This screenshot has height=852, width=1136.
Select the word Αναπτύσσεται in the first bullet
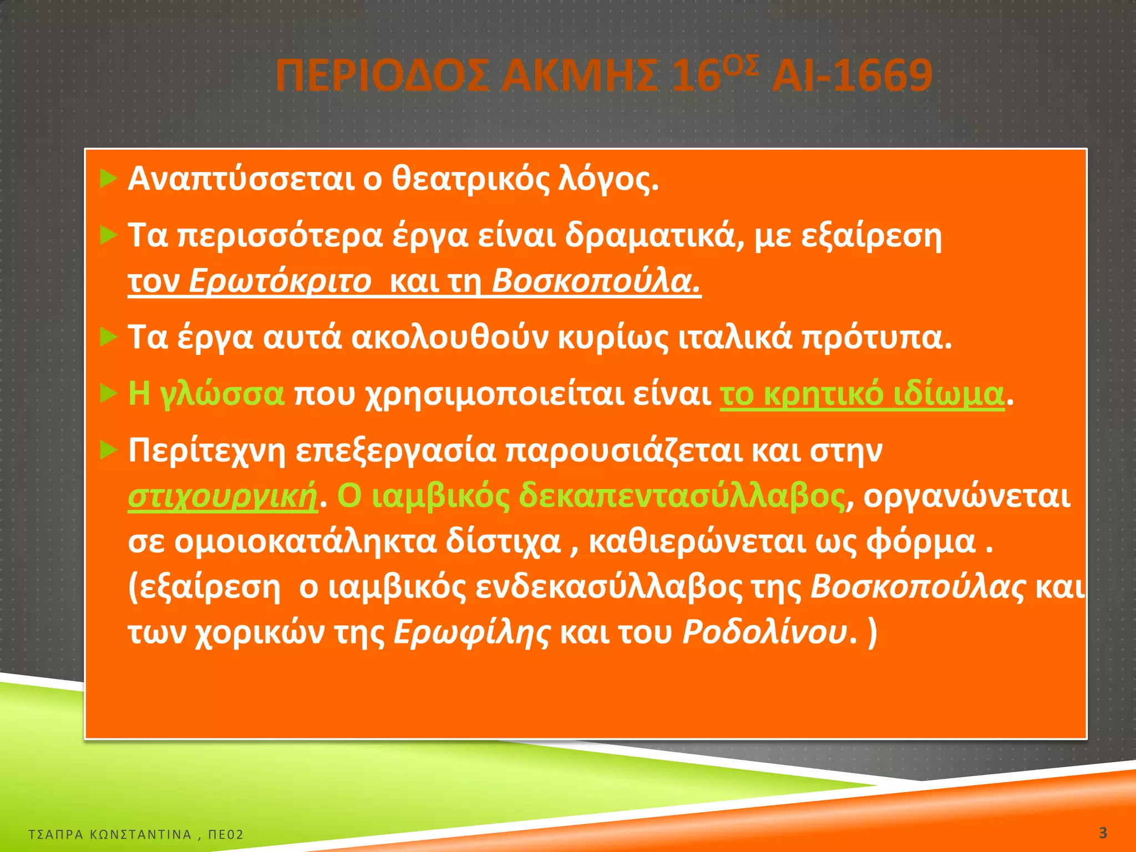tap(241, 179)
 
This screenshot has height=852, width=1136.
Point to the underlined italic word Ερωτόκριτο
tap(280, 281)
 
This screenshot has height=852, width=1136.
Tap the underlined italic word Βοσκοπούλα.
tap(596, 281)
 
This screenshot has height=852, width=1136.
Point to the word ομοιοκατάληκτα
tap(305, 541)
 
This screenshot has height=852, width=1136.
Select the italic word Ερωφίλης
tap(472, 632)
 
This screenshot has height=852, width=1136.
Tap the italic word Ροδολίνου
tap(765, 632)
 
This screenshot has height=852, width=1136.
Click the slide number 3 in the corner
tap(1103, 833)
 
